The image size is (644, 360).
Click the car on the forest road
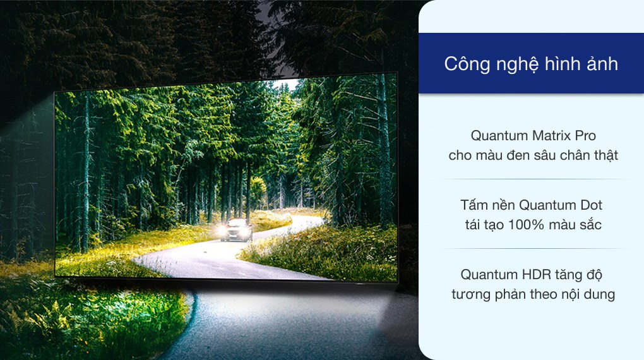click(236, 230)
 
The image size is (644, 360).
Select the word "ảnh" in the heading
click(600, 64)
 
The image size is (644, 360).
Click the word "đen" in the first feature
click(517, 155)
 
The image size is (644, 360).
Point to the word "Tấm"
click(475, 205)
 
